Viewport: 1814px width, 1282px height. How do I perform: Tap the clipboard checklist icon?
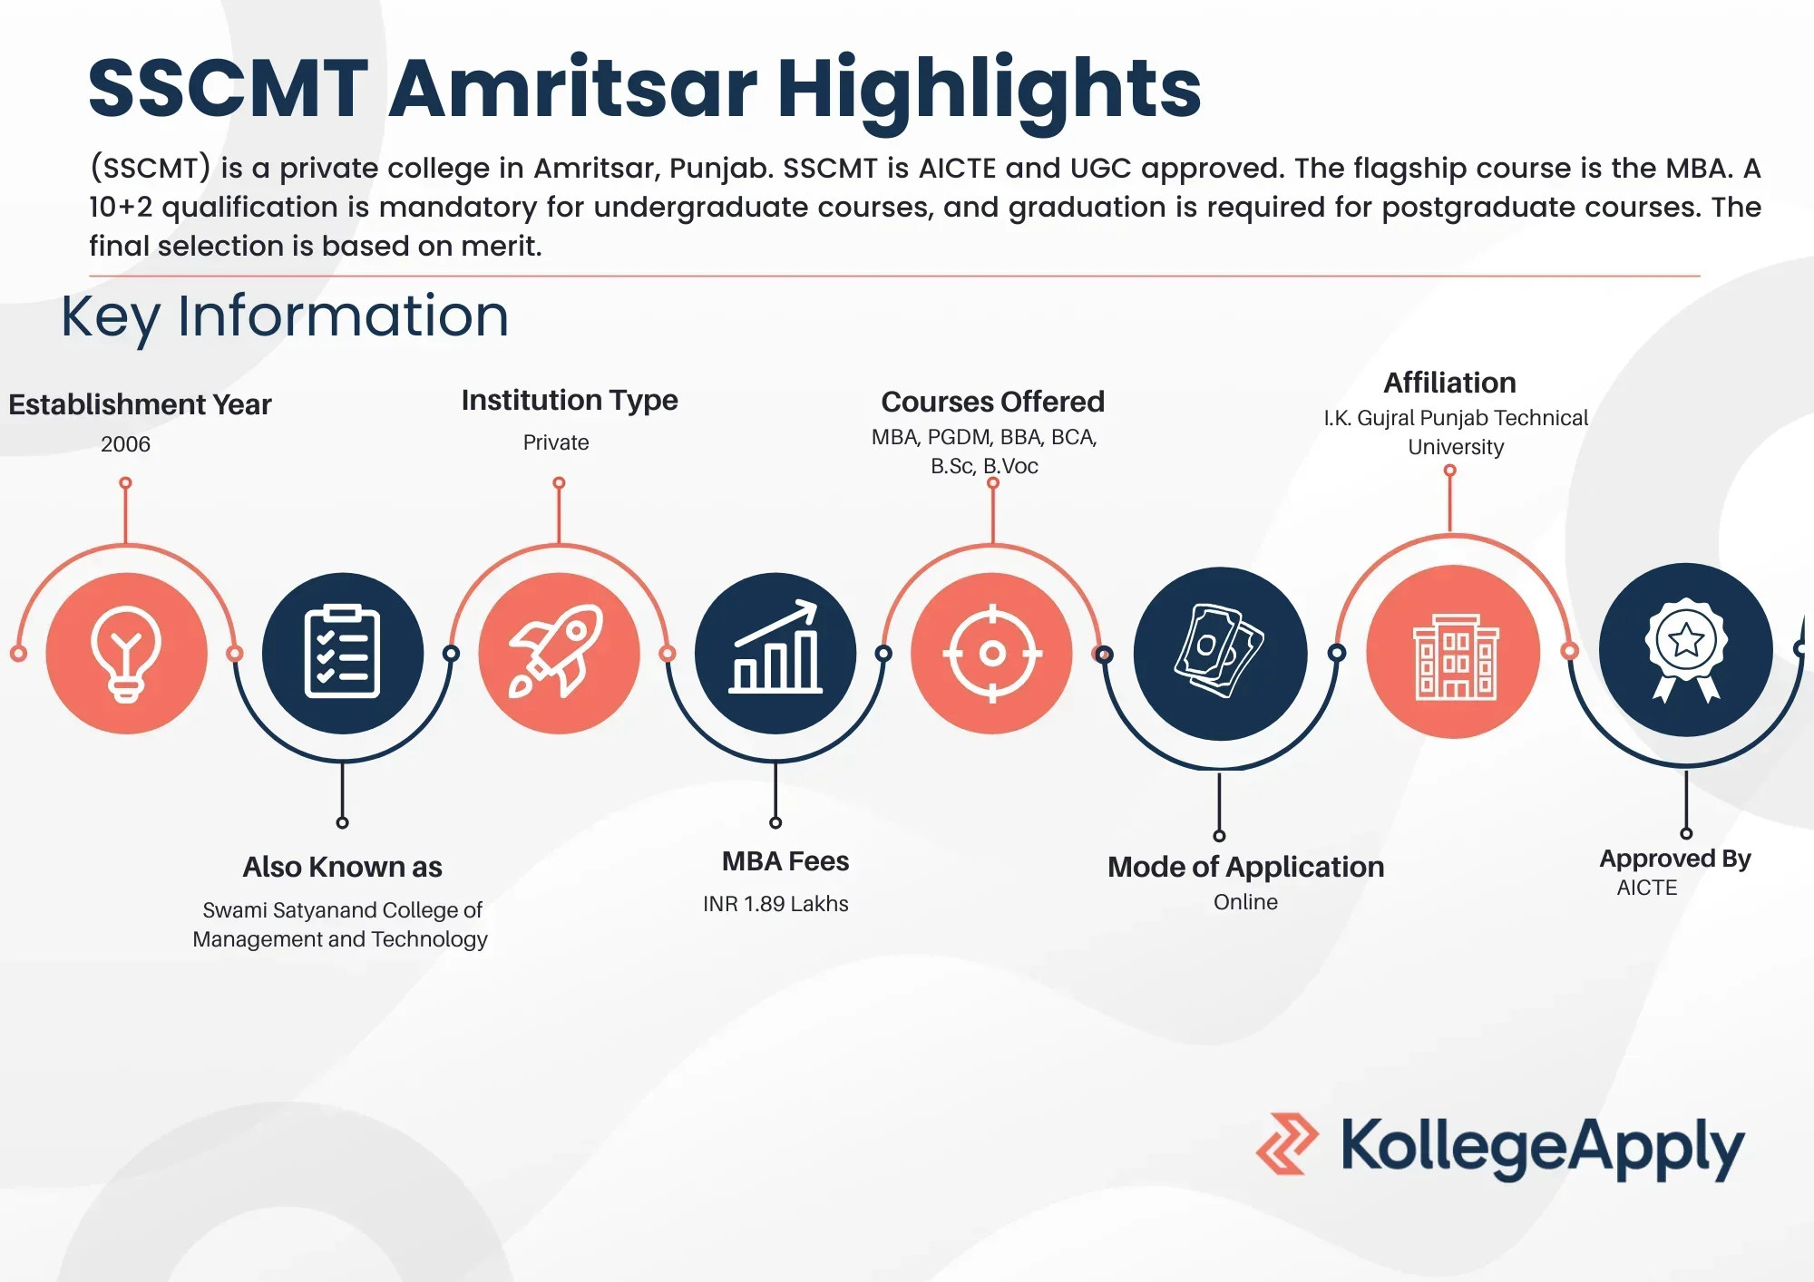[342, 651]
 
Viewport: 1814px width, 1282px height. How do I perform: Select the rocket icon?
[557, 650]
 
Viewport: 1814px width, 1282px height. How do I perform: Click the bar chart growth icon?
[775, 646]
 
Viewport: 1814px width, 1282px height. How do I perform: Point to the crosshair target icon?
[992, 653]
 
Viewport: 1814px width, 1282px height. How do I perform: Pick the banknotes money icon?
[1219, 650]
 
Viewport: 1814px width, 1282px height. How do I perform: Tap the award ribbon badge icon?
[1686, 649]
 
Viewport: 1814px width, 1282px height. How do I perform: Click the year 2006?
[125, 444]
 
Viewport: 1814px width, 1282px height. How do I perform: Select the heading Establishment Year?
[140, 404]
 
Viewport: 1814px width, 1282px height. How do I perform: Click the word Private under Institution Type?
[556, 442]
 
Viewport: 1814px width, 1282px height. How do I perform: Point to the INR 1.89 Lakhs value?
[775, 904]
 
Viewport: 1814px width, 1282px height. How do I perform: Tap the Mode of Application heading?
[1246, 867]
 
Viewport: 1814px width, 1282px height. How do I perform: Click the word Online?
[1245, 902]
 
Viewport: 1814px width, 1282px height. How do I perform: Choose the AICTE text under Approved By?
[1647, 888]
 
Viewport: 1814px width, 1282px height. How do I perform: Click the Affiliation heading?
[1449, 383]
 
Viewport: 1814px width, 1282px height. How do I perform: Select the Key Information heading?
[285, 316]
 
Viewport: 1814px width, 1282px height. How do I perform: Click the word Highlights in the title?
[990, 92]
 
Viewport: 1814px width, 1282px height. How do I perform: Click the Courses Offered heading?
[992, 402]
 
